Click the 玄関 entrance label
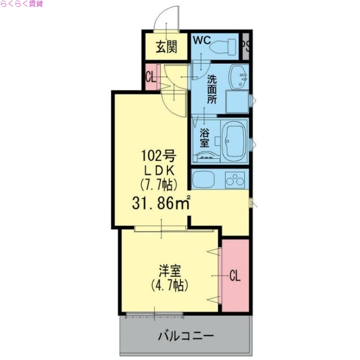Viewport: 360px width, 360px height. [x=166, y=46]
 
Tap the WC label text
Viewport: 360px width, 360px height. [x=202, y=40]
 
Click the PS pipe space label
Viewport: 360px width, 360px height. [x=246, y=45]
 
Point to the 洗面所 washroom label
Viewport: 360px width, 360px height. [x=211, y=89]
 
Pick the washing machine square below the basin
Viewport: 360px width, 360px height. [x=237, y=102]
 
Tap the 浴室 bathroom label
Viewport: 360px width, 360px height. [x=204, y=138]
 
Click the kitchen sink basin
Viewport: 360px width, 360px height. [x=206, y=180]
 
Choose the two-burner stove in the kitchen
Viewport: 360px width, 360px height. [x=235, y=180]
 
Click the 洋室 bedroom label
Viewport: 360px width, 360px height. [x=169, y=271]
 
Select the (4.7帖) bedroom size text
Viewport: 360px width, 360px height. [x=169, y=285]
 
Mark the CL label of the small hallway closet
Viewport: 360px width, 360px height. [x=150, y=77]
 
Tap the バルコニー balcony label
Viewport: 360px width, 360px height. [x=185, y=336]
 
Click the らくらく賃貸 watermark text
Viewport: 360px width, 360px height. [x=22, y=4]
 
